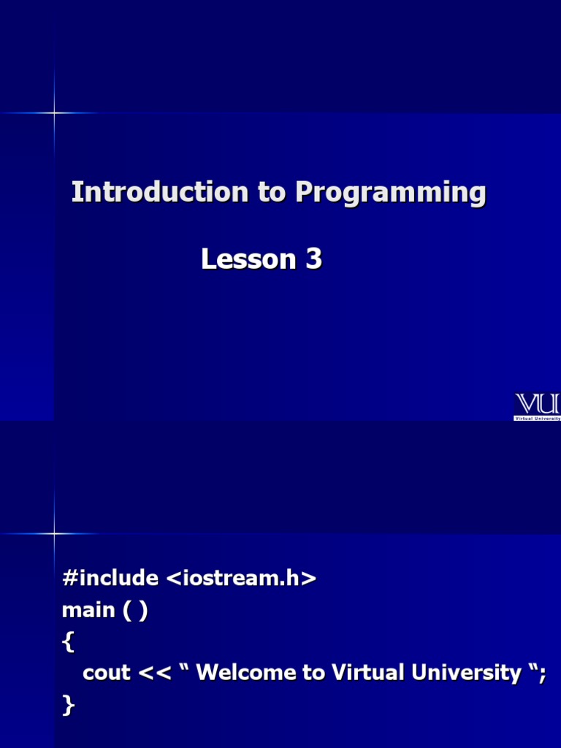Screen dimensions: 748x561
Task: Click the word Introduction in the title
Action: coord(160,193)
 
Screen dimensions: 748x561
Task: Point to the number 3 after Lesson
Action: coord(314,259)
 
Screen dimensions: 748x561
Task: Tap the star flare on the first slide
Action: coord(54,112)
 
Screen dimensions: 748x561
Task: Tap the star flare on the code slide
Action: coord(54,533)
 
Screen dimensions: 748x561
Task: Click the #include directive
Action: coord(110,579)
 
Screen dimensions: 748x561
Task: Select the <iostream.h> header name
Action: coord(242,579)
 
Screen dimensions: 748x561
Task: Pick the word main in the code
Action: coord(88,610)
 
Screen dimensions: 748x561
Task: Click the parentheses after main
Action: coord(135,611)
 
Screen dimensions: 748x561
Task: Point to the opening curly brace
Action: coord(68,642)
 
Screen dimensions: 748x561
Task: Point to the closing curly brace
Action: coord(68,705)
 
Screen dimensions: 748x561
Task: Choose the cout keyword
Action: coord(107,673)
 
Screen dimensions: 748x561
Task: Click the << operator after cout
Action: coord(154,673)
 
